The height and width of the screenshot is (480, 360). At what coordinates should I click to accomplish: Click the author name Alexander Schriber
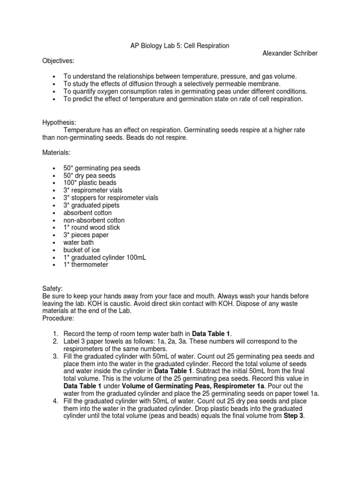tap(290, 53)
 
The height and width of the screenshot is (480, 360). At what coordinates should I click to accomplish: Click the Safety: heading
tap(52, 289)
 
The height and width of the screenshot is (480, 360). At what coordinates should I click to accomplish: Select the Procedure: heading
tap(58, 318)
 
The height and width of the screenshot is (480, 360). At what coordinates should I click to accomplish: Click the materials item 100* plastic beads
tap(90, 183)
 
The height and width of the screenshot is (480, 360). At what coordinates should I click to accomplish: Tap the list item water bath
tap(79, 242)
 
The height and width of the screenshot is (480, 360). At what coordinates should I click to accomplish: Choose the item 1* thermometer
tap(86, 265)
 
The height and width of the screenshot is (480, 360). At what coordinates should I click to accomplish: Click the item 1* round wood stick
tap(92, 227)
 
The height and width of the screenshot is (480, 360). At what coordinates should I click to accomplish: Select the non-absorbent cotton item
tap(94, 220)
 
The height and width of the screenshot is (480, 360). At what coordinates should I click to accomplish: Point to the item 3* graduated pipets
tap(91, 205)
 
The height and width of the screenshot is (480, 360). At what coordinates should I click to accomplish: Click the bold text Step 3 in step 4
tap(294, 417)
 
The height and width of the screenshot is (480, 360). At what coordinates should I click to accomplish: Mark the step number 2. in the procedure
tap(54, 341)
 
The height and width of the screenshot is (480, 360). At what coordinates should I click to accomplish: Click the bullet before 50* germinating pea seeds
tap(55, 168)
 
